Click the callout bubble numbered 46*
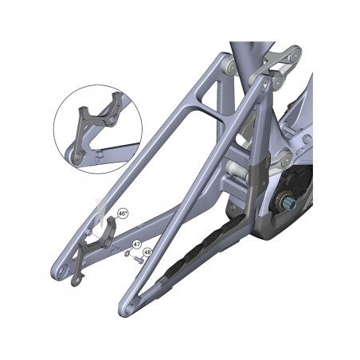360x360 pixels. pos(123,213)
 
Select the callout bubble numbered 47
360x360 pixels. pos(136,244)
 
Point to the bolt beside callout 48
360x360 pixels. pos(137,258)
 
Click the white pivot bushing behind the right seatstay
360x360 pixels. pos(237,168)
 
